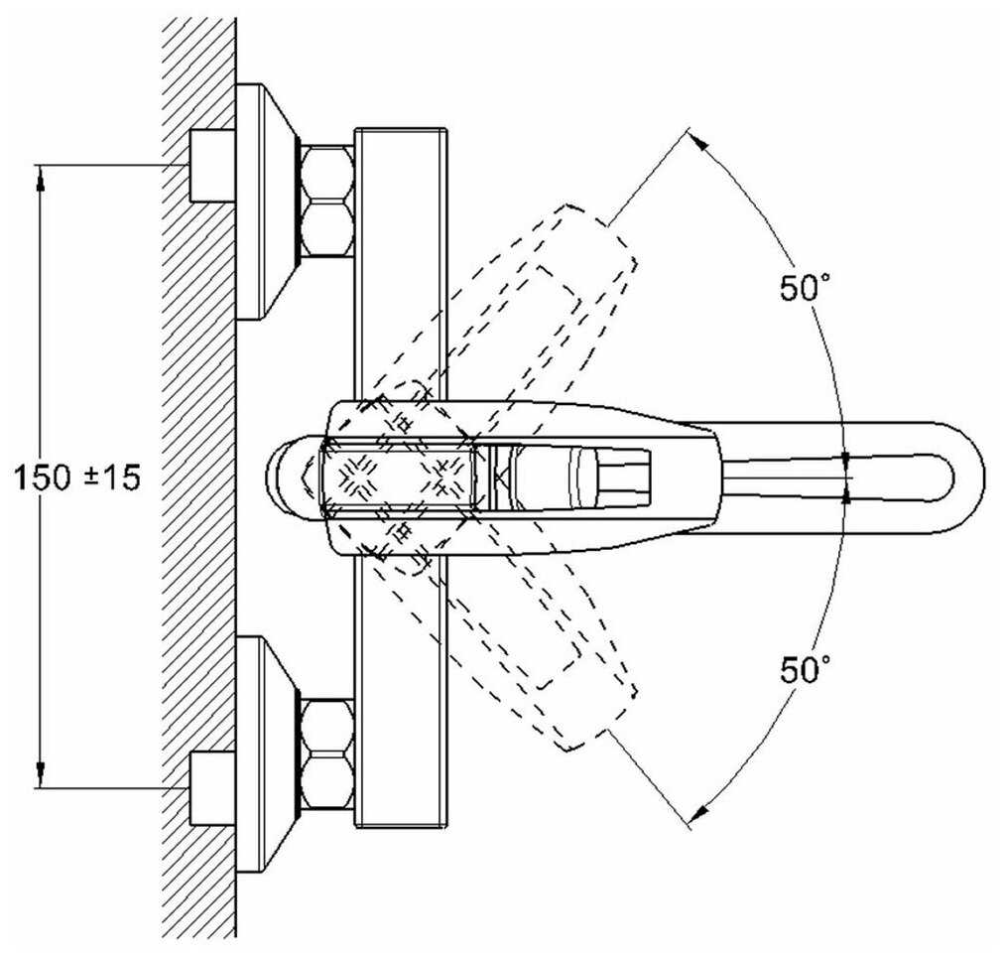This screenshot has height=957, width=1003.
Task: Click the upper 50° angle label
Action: point(804,289)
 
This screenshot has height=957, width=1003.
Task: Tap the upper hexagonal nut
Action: point(326,202)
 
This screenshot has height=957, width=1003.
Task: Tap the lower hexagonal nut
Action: point(326,753)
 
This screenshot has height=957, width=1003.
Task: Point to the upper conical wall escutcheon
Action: point(266,202)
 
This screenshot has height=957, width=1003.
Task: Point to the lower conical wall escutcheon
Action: point(266,753)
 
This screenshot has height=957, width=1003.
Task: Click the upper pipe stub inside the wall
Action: point(211,165)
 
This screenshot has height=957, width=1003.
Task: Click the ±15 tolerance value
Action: point(108,478)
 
